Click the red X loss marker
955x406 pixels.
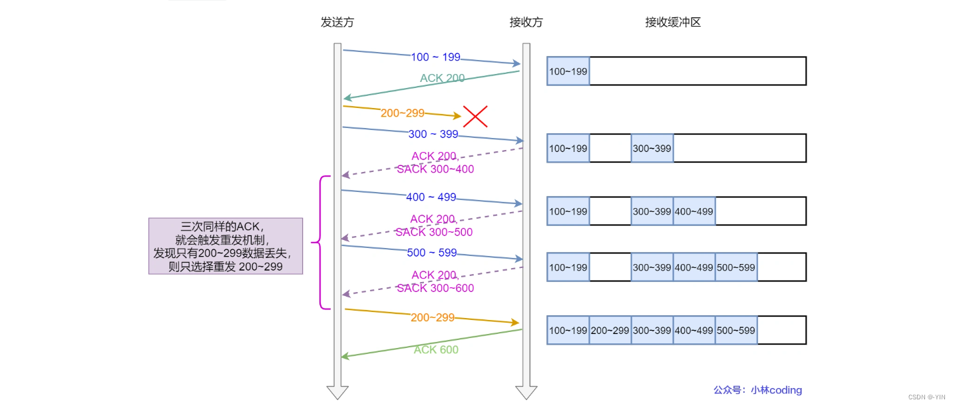(476, 117)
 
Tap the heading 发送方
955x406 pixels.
(337, 22)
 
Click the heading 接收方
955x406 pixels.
(526, 22)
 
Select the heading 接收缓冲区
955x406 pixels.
(673, 22)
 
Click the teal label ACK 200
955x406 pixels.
(443, 78)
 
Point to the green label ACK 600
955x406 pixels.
(436, 349)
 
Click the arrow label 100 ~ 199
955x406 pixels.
(436, 57)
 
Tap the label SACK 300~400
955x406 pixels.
(435, 169)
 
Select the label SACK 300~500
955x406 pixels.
(434, 232)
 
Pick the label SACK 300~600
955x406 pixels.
(435, 288)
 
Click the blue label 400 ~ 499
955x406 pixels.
(431, 197)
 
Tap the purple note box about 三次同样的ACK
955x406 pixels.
(226, 246)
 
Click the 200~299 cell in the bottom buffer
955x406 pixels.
(610, 331)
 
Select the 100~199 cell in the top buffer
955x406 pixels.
(568, 71)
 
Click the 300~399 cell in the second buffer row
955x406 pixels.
(652, 148)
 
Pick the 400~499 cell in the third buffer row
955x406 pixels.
(694, 211)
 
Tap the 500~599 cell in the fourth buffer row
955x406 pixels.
(736, 267)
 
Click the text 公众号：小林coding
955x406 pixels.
(757, 390)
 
